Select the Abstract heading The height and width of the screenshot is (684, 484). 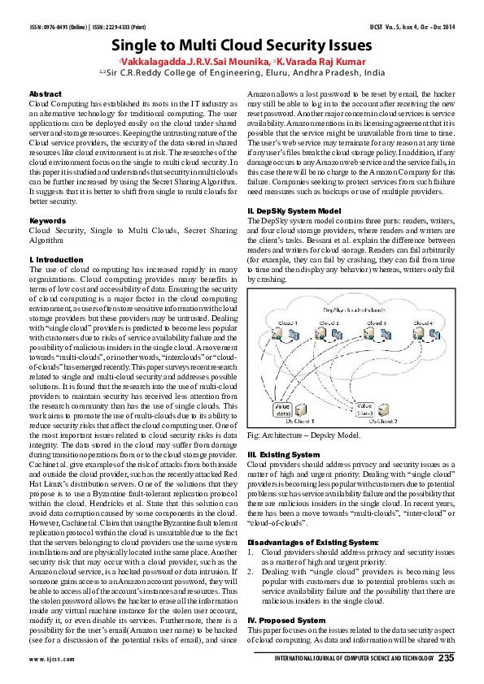coord(45,94)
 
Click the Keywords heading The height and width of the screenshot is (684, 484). coord(46,197)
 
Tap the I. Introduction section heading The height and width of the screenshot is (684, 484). coord(56,236)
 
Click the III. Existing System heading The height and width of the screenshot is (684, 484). coord(283,453)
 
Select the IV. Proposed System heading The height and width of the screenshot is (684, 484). coord(286,620)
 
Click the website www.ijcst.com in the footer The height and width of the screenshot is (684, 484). coord(46,659)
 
